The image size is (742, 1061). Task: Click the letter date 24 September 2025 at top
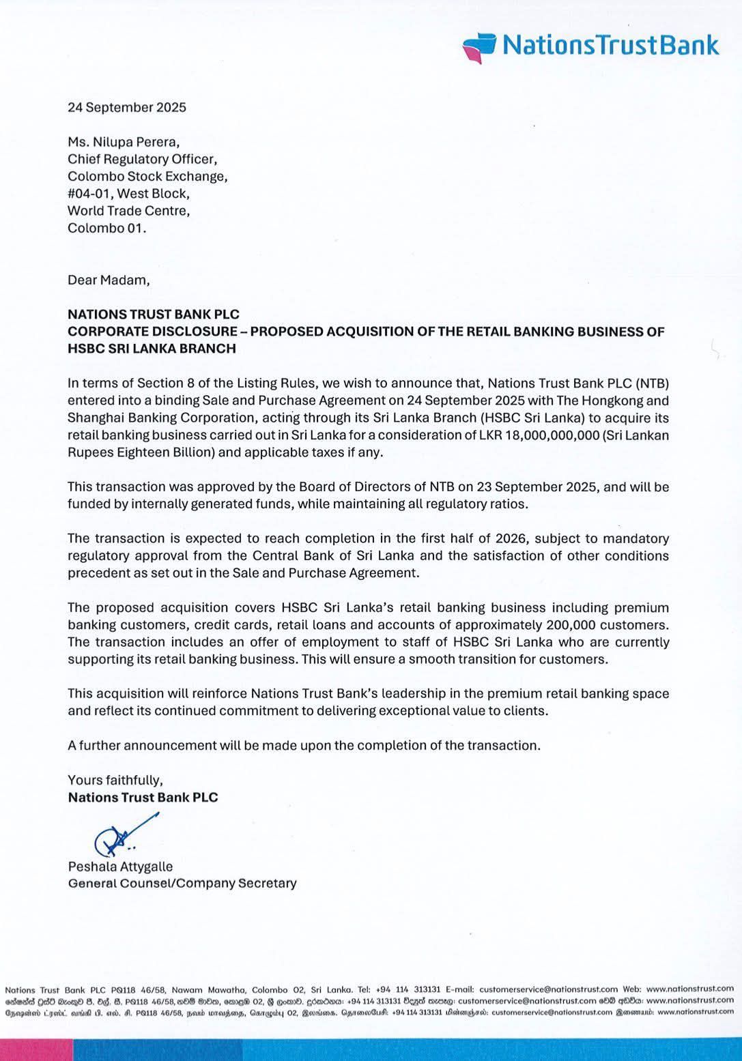(126, 107)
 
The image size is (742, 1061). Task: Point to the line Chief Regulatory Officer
(142, 159)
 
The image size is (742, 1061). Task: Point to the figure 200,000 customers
(606, 625)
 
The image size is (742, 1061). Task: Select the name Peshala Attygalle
(120, 867)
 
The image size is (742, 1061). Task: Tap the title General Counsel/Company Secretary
(182, 884)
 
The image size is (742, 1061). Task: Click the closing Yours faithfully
(115, 780)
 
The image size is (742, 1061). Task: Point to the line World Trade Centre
(128, 211)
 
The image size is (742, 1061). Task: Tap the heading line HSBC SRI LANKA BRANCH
(152, 349)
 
